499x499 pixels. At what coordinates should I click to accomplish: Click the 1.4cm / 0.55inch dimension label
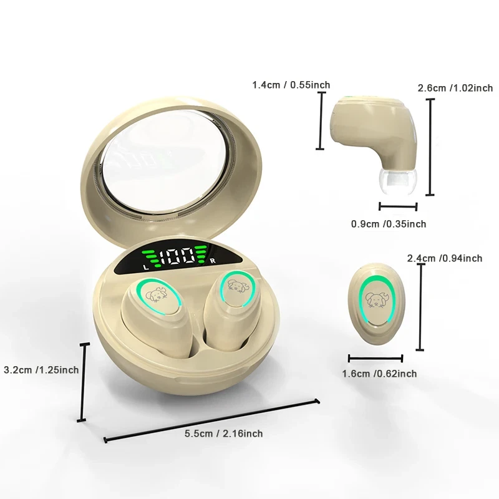tap(291, 85)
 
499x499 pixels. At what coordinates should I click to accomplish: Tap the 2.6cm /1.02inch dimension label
tap(455, 88)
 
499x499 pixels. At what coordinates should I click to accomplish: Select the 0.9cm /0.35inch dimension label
tap(389, 224)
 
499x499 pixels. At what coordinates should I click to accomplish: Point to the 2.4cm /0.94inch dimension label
tap(445, 258)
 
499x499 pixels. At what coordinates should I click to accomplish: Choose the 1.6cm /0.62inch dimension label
tap(379, 373)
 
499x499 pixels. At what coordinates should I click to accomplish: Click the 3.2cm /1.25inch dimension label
tap(41, 370)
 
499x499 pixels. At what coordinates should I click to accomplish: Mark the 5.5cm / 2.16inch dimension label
tap(224, 434)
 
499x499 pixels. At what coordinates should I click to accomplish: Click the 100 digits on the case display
tap(177, 256)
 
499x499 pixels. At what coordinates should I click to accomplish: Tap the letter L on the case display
tap(146, 268)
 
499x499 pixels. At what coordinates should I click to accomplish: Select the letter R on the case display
tap(213, 261)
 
